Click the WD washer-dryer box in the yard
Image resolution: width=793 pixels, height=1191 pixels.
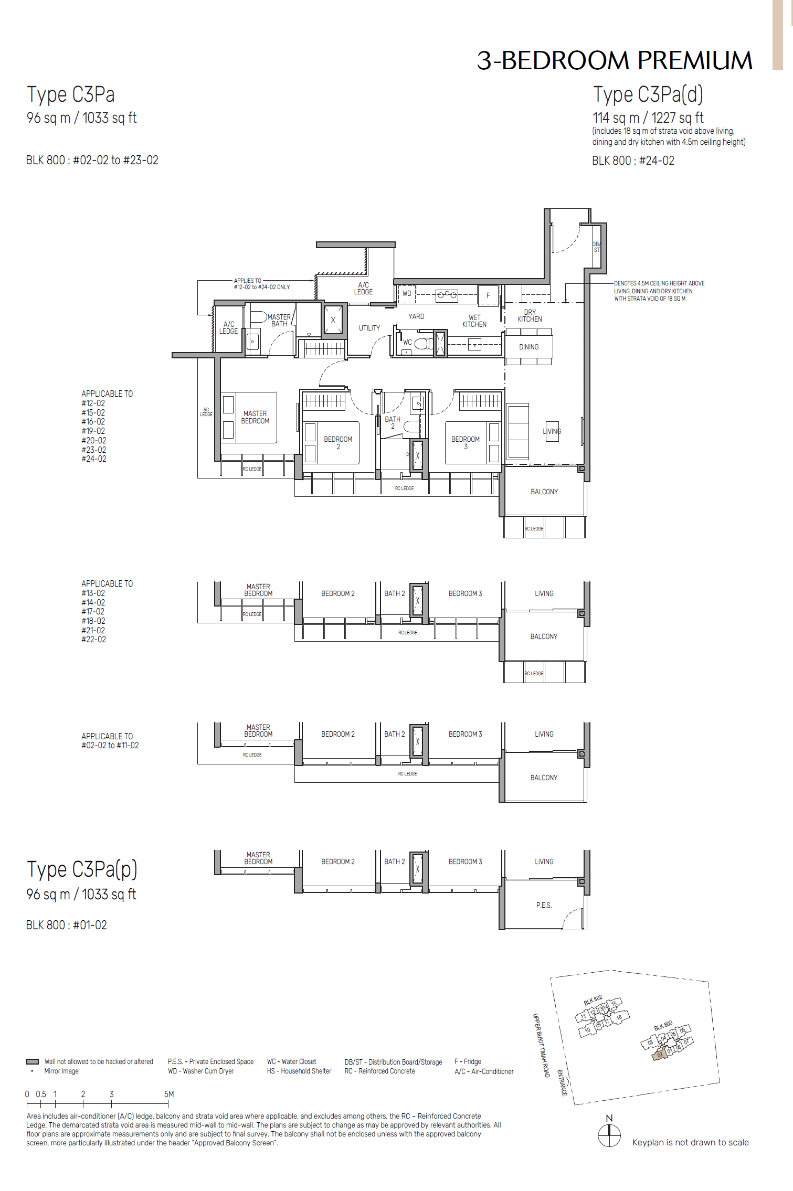[x=407, y=294]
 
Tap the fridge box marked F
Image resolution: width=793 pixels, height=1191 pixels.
[x=488, y=295]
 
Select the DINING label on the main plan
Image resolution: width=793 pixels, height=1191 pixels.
[x=528, y=347]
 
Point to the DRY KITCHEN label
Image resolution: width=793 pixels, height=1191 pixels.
[x=530, y=316]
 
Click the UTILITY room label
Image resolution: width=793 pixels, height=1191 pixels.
[x=369, y=328]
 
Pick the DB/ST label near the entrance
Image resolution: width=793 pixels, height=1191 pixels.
[x=596, y=247]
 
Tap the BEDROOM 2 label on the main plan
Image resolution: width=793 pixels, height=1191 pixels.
[x=338, y=443]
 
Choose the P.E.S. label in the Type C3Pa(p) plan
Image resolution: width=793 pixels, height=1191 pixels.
[x=544, y=905]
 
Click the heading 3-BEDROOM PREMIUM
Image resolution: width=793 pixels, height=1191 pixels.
[x=614, y=60]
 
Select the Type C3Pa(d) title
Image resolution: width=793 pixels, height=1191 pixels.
[x=648, y=95]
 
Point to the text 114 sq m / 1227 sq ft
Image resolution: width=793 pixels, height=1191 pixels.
[x=648, y=118]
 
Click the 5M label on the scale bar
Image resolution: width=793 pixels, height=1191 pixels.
[x=169, y=1094]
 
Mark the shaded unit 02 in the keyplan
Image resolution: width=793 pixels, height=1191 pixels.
[x=660, y=1054]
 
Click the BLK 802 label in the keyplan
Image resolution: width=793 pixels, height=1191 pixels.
[x=593, y=1000]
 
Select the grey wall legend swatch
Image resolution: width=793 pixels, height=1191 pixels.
[x=33, y=1061]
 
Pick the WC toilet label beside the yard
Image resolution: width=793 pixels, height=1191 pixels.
[x=407, y=342]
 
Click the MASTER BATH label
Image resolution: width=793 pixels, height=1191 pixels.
[x=279, y=320]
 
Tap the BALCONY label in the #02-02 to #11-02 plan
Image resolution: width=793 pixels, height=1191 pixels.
[x=544, y=778]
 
